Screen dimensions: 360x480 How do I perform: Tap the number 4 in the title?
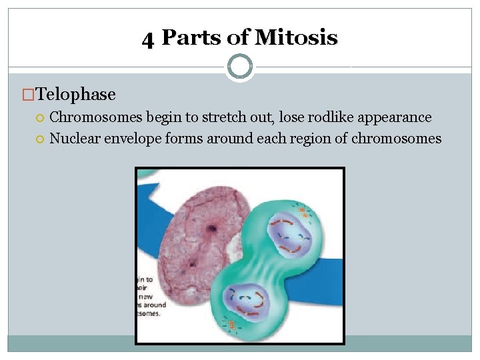pyautogui.click(x=148, y=39)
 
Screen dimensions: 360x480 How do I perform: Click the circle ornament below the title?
pyautogui.click(x=240, y=66)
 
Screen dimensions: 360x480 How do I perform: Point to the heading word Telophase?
pyautogui.click(x=76, y=95)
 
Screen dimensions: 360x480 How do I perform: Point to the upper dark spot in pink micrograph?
pyautogui.click(x=212, y=229)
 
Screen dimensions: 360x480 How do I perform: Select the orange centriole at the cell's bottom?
pyautogui.click(x=232, y=325)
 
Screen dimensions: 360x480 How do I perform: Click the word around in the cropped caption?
pyautogui.click(x=153, y=305)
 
